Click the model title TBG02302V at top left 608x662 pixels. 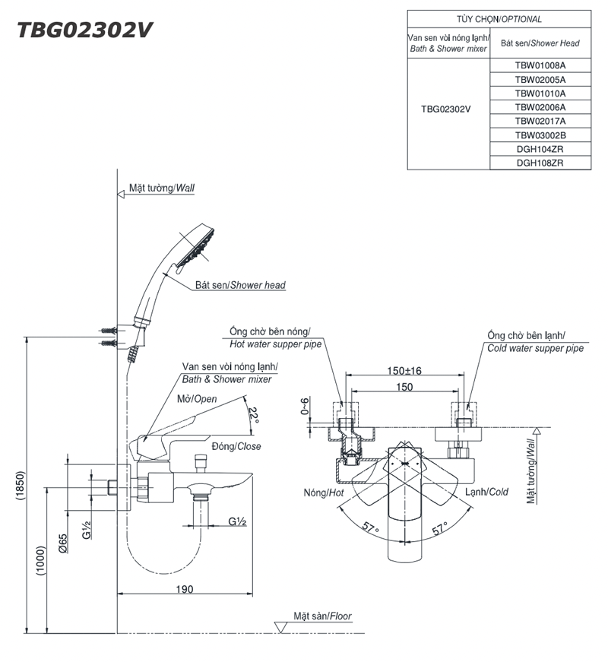point(85,30)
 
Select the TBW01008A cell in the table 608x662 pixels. point(540,65)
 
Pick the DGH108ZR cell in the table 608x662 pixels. point(540,163)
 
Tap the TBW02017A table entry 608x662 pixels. point(540,121)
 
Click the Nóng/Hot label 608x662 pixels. point(324,493)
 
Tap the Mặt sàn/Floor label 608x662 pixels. point(324,616)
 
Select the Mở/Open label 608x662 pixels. point(198,399)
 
